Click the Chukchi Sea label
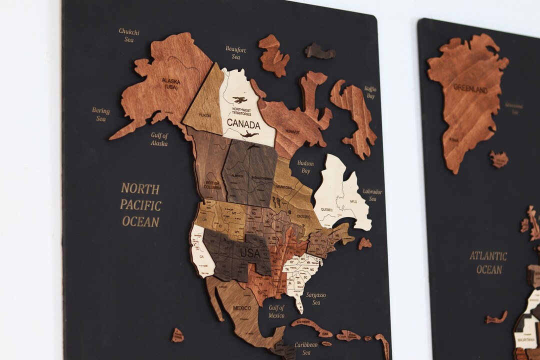coord(129,35)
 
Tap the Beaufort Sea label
coord(235,53)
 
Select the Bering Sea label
coord(100,114)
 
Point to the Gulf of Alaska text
coord(159,139)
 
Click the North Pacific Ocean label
coord(140,205)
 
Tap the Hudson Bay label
coord(305,167)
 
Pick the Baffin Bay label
coord(370,92)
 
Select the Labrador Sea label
coord(372,195)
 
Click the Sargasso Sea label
coord(315,298)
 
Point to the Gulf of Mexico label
coord(276,311)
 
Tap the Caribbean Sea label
coord(306,348)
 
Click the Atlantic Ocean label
coord(488,262)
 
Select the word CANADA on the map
coord(243,124)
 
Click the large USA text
coord(250,253)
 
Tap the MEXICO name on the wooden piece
coord(242,307)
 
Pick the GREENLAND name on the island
coord(470,89)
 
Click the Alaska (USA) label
coord(170,83)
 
